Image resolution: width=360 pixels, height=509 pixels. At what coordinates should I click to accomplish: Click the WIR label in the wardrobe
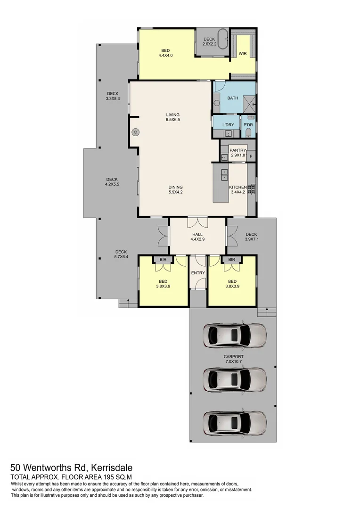coord(243,54)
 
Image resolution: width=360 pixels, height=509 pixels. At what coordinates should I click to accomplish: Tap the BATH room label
coord(233,99)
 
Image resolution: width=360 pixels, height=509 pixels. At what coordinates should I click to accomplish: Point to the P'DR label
coord(248,125)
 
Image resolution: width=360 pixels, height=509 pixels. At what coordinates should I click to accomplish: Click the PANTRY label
coord(238,151)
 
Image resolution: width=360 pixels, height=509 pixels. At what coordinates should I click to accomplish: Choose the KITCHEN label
coord(238,187)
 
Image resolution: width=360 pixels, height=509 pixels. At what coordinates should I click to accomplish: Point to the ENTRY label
coord(197,273)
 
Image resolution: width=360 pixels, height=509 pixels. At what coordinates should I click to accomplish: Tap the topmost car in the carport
coord(235,335)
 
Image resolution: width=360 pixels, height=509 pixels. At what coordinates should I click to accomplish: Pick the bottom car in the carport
coord(235,423)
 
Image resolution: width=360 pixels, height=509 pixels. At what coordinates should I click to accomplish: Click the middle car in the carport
coord(235,379)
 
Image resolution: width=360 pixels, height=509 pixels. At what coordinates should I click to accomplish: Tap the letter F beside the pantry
coord(251,156)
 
